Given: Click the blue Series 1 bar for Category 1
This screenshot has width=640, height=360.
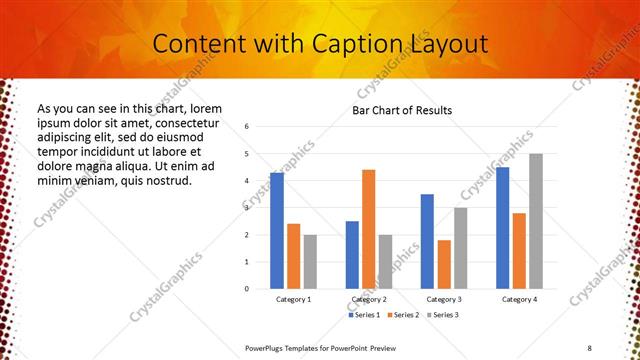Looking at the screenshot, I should coord(277,231).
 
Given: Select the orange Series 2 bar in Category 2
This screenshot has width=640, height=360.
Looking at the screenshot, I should coord(369,229).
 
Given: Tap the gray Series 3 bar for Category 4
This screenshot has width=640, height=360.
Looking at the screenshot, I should coord(536,221).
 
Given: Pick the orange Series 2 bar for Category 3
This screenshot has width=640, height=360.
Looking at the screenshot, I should coord(444,264).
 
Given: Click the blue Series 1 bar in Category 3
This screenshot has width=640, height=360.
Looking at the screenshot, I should coord(427,241).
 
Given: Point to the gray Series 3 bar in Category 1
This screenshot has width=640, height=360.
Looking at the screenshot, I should coord(310,262).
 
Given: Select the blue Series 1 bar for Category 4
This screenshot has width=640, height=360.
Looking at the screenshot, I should coord(503,228).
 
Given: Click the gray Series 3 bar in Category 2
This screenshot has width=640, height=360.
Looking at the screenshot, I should coord(386,262).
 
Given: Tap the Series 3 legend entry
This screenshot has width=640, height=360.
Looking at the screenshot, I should coord(444,315).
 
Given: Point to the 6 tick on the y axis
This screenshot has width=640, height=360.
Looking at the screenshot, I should coord(260,127).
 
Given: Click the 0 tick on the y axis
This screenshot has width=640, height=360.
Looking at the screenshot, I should coord(260,289).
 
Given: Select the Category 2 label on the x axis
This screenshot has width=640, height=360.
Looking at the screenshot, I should coord(369,300).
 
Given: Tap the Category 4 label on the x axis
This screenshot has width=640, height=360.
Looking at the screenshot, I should coord(519,300).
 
